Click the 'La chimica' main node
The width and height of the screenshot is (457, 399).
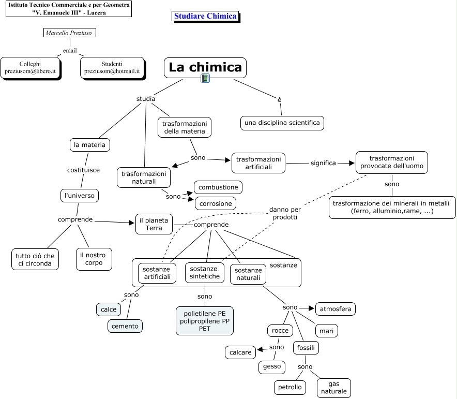coord(205,67)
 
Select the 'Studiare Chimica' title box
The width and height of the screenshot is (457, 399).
coord(205,16)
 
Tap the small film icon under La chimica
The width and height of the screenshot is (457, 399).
coord(206,79)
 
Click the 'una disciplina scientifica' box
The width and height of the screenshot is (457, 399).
coord(282,123)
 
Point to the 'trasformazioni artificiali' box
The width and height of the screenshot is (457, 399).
coord(258,163)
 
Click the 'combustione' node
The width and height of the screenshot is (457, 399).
coord(218,187)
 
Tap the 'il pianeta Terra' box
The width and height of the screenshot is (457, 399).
coord(154,224)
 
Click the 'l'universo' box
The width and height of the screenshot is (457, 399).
coord(80,196)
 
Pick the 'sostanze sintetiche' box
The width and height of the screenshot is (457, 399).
coord(204,273)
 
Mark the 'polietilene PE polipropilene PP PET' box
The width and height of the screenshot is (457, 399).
coord(205,321)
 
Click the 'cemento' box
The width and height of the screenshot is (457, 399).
coord(125,326)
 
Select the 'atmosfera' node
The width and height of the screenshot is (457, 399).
coord(336,309)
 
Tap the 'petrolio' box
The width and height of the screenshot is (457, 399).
coord(290,387)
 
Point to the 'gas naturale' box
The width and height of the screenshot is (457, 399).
coord(334,388)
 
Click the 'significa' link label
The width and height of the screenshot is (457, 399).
coord(323,163)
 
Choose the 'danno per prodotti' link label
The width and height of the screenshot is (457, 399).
coord(285,214)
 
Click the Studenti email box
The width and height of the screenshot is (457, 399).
coord(112,67)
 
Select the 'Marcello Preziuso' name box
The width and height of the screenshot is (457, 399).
coord(70,33)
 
